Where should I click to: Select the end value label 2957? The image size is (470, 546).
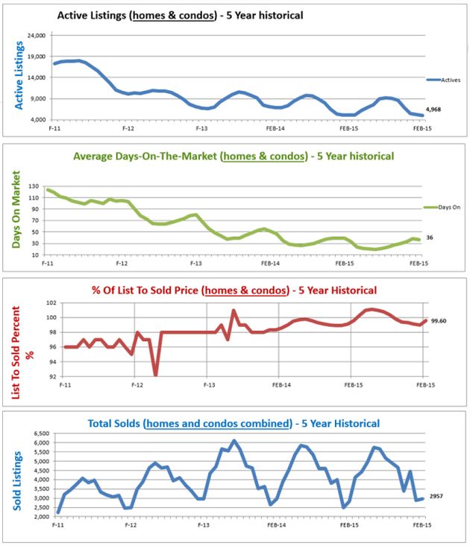click(437, 495)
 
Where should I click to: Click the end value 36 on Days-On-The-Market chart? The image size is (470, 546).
click(430, 238)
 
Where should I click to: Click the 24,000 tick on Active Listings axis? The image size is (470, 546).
click(37, 35)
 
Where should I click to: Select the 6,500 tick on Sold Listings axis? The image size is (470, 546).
click(39, 433)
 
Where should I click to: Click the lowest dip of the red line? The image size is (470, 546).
click(155, 375)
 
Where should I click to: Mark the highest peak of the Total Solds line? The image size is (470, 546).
click(234, 441)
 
